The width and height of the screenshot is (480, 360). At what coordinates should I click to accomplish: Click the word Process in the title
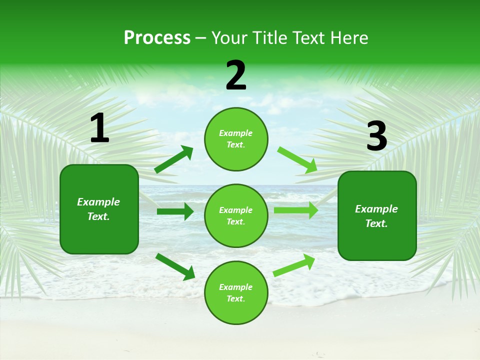(157, 38)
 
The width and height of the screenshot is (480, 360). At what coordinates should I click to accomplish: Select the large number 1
(99, 128)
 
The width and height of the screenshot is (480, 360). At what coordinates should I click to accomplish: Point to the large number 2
(236, 75)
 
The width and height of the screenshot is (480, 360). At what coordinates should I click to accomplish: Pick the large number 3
(376, 136)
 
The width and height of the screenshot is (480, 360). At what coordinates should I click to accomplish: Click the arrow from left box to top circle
(174, 159)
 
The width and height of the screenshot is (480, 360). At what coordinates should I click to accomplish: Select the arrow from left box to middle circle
(175, 211)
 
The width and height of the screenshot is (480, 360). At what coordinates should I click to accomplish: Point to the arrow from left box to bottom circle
(175, 266)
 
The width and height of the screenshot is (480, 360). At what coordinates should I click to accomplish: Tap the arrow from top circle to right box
(297, 160)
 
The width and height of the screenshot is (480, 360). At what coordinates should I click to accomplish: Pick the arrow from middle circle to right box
(295, 210)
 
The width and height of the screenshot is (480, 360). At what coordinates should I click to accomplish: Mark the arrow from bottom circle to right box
(294, 265)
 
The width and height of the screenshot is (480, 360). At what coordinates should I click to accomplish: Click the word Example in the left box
(98, 202)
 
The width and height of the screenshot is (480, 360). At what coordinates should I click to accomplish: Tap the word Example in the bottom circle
(236, 287)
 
